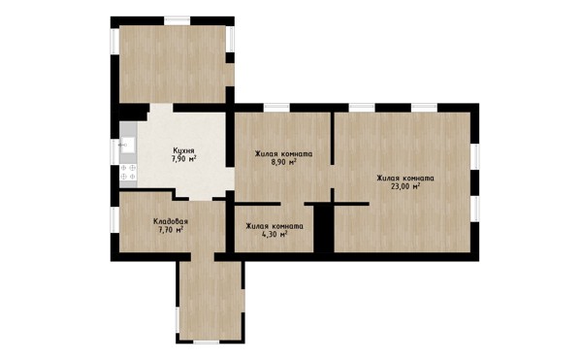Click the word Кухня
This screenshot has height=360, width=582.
coord(183,150)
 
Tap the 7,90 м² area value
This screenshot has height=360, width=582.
coord(183,159)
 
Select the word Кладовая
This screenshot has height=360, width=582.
coord(171,221)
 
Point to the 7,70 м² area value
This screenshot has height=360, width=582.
coord(171,230)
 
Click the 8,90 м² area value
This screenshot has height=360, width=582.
coord(283,162)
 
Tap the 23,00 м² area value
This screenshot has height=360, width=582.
coord(405,186)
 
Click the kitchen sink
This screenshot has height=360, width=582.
coord(128,145)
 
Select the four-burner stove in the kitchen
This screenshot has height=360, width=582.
coord(128,172)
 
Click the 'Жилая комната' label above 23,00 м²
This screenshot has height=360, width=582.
coord(405,179)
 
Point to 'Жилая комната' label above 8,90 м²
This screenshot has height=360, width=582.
coord(283,153)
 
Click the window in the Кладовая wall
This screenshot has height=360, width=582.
coord(114,219)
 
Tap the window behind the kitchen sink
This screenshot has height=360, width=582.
coord(114,151)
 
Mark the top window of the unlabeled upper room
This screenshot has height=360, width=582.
coord(178,20)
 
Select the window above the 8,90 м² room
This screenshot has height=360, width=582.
coord(276,108)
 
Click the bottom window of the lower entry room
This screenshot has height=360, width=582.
coord(207,342)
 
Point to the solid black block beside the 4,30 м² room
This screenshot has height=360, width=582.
coord(324,228)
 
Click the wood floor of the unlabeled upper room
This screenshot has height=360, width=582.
coord(173,64)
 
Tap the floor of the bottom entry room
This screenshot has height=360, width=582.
coord(210,297)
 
